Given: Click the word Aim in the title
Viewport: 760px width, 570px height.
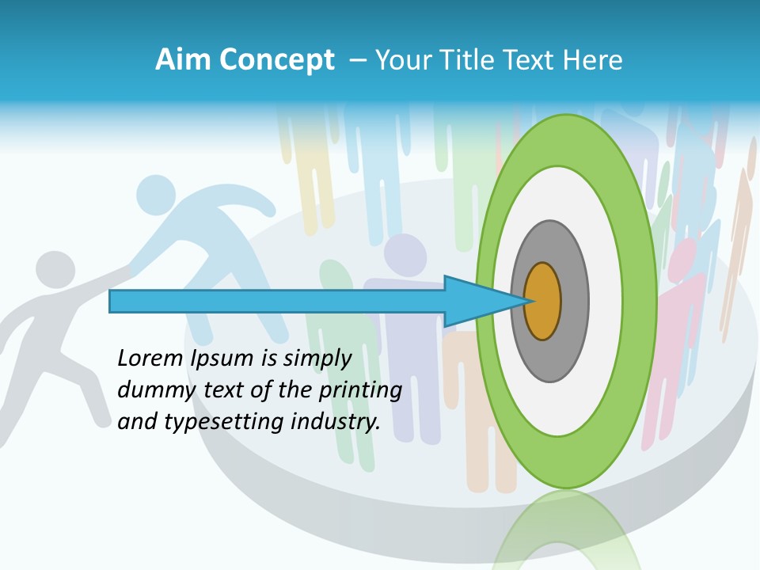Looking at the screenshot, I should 182,60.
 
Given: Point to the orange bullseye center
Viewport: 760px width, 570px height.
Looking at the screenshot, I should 543,302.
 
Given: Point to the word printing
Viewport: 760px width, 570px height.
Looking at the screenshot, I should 360,391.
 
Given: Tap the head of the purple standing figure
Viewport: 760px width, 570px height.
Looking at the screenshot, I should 405,254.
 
